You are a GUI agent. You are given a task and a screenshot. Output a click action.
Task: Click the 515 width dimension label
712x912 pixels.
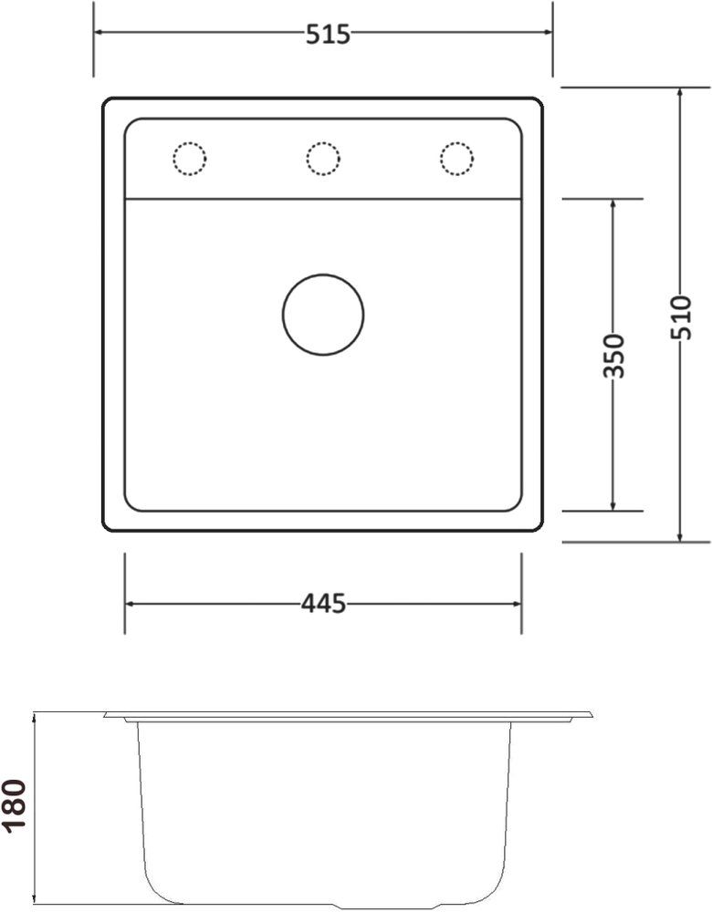pyautogui.click(x=328, y=35)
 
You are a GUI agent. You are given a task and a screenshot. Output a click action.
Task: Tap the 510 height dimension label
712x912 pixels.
pyautogui.click(x=681, y=317)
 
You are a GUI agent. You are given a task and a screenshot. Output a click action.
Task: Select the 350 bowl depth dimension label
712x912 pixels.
pyautogui.click(x=613, y=356)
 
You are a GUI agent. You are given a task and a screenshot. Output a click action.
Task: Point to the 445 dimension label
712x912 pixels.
pyautogui.click(x=323, y=604)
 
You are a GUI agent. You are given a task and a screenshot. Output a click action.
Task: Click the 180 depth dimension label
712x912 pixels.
pyautogui.click(x=14, y=806)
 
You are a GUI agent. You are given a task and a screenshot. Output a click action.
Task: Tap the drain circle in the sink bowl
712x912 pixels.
pyautogui.click(x=323, y=315)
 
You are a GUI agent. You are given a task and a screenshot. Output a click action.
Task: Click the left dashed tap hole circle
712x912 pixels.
pyautogui.click(x=190, y=158)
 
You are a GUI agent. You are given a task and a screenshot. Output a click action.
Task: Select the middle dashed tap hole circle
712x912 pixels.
pyautogui.click(x=323, y=158)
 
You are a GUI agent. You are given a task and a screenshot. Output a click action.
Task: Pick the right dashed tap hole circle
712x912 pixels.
pyautogui.click(x=456, y=158)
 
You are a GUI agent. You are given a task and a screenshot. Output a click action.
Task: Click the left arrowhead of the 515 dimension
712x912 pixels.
pyautogui.click(x=99, y=32)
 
